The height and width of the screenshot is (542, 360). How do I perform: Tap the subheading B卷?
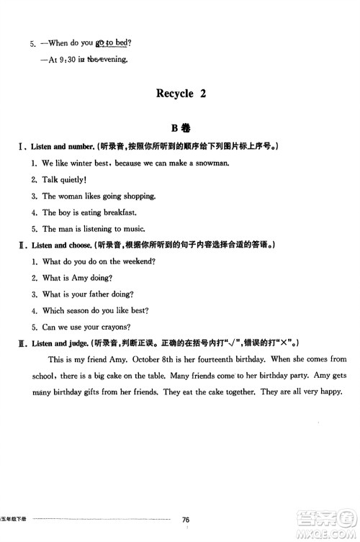[x=180, y=129]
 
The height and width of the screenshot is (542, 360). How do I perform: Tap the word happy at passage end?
[x=330, y=392]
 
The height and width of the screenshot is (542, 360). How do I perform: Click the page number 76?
[x=186, y=520]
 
